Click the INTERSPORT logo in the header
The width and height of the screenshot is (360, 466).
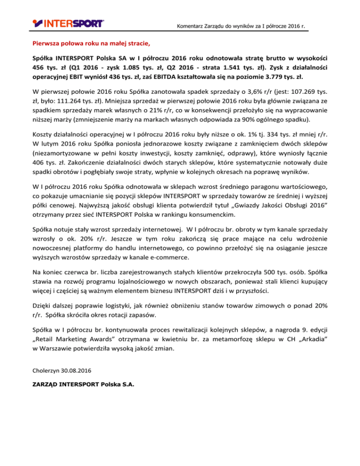[x=68, y=22]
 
